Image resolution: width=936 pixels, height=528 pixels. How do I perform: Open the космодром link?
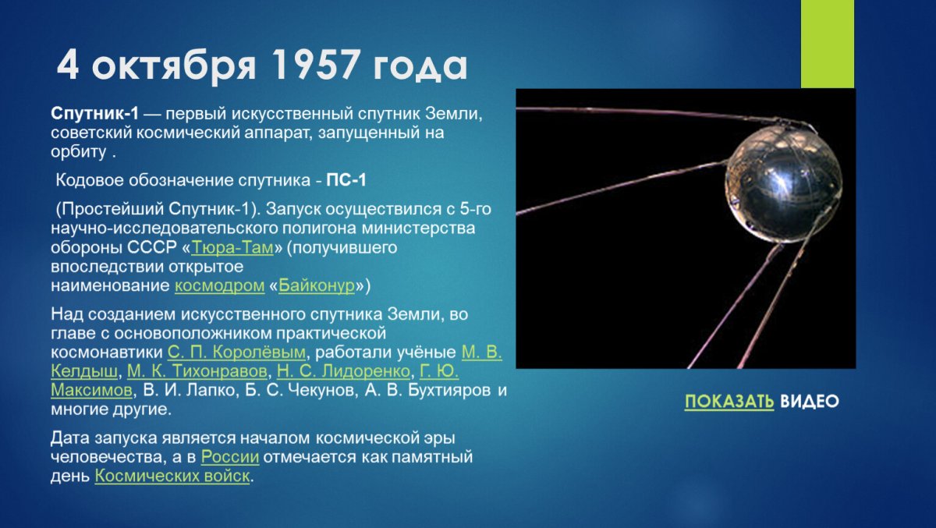coord(219,285)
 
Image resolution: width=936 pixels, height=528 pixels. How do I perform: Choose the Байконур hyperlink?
coord(317,285)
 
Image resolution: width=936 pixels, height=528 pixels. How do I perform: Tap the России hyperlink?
coord(229,457)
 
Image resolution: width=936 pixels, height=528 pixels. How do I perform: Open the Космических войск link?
coord(172,476)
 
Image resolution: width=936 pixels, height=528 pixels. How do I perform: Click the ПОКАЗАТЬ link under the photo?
coord(729,402)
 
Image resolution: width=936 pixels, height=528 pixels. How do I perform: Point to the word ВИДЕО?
coord(810,402)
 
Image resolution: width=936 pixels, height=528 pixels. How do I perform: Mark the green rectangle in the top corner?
coord(828,43)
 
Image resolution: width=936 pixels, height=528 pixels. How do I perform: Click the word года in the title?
coord(419,67)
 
